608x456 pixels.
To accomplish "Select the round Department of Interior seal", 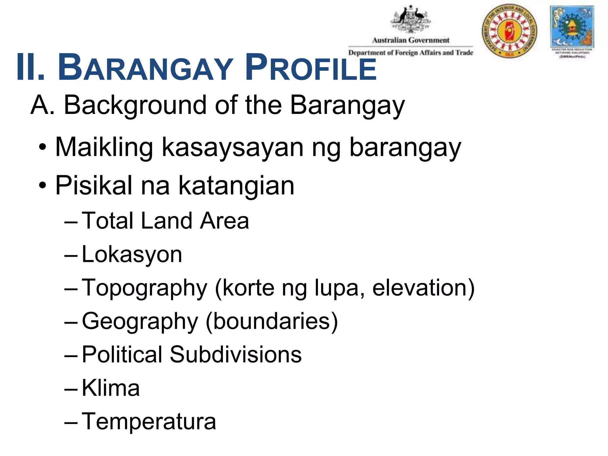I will [509, 31].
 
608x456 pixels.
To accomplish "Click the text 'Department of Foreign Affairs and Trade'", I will [411, 53].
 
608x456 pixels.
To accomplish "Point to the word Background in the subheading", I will [135, 105].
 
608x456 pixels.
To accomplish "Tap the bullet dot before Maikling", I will [43, 148].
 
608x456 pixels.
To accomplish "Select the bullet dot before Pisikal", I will [43, 186].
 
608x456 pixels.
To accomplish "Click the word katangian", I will [236, 186].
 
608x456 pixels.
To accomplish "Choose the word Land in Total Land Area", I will [166, 221].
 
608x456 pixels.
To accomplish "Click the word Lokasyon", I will [132, 255].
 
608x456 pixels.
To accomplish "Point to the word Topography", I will [144, 288].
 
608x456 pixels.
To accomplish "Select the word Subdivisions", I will [236, 354].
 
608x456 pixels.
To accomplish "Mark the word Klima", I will [110, 388].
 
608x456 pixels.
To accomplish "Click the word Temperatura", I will [149, 422].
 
